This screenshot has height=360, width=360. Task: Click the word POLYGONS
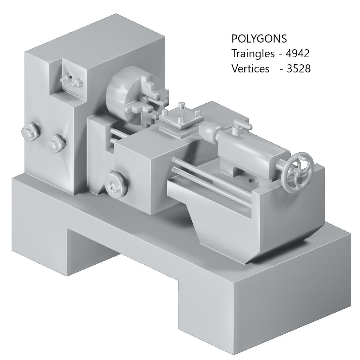[x=259, y=39]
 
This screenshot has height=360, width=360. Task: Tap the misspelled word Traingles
[x=252, y=54]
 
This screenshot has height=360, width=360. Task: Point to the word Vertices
[x=250, y=69]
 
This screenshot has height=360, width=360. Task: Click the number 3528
[x=299, y=69]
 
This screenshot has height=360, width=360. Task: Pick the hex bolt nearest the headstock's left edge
[x=31, y=132]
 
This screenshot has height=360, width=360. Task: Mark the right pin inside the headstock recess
[x=76, y=83]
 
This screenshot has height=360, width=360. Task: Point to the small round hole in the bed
[x=253, y=180]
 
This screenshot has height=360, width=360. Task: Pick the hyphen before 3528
[x=281, y=69]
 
